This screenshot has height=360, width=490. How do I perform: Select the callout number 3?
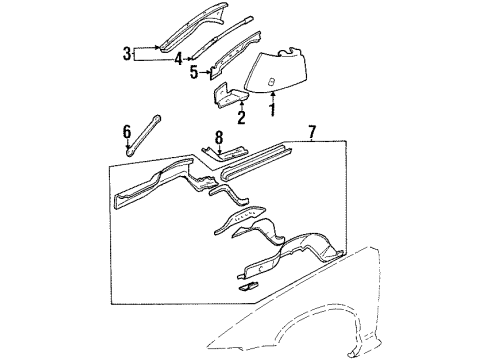tap(126, 53)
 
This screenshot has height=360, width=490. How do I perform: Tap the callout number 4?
tap(178, 59)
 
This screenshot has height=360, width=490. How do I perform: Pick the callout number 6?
tap(126, 130)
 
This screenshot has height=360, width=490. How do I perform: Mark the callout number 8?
tap(218, 136)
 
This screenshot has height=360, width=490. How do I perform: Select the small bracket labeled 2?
tap(229, 95)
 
